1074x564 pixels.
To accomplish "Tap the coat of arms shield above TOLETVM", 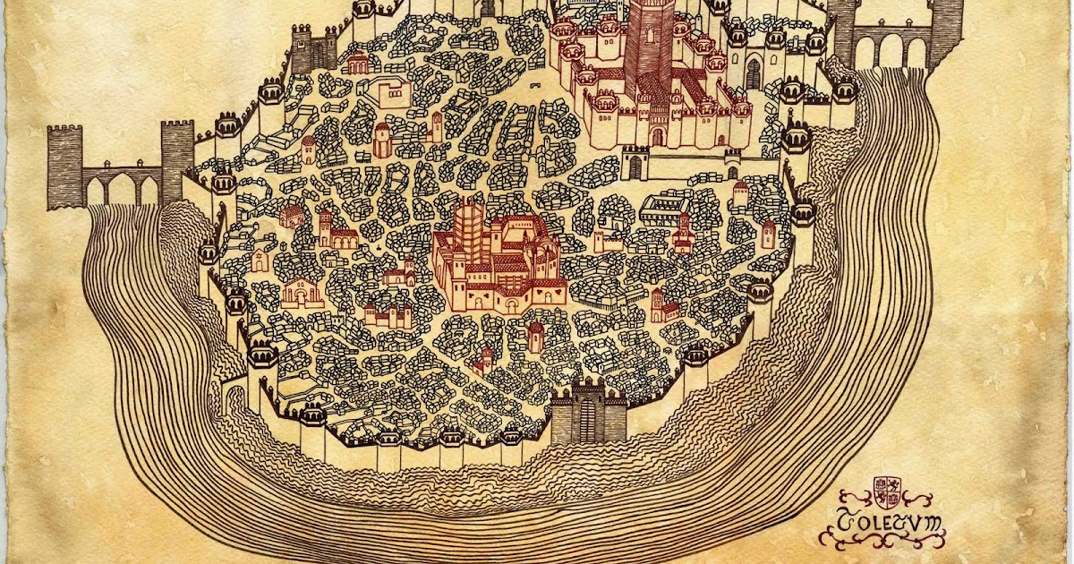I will [x=887, y=491].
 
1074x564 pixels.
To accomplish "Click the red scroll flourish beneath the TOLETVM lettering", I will [x=882, y=539].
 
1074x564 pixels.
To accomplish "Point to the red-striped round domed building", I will [x=382, y=139].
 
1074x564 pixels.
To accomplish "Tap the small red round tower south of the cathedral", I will [x=535, y=337].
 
